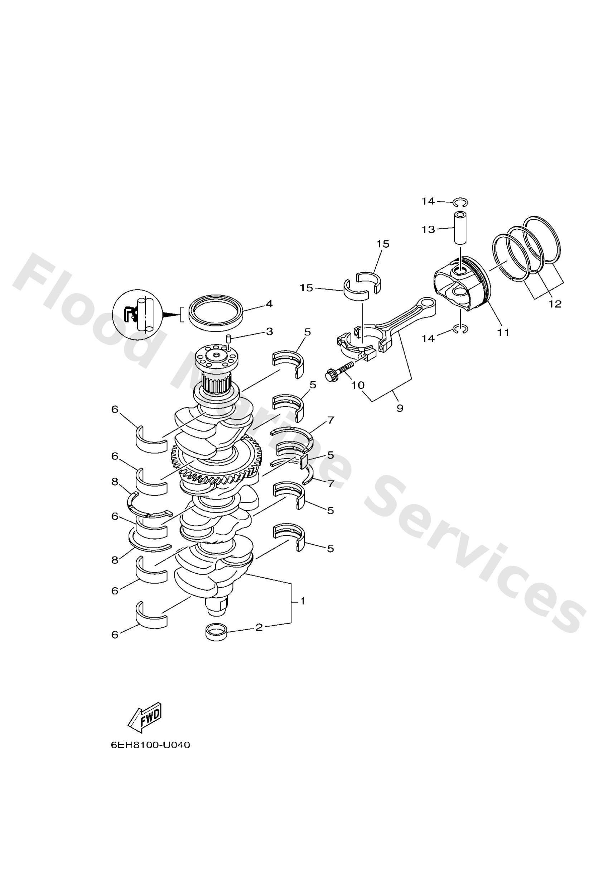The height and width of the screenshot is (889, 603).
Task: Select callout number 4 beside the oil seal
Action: pos(269,304)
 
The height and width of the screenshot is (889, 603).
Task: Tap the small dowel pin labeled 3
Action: pos(227,338)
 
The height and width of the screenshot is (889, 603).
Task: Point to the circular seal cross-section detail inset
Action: pos(138,315)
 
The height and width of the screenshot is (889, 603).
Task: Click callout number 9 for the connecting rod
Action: pos(400,408)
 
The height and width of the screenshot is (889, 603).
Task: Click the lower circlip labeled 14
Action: pos(460,329)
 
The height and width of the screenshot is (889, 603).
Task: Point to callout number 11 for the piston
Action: pos(503,333)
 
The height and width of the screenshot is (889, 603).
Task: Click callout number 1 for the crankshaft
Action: pos(302,601)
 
